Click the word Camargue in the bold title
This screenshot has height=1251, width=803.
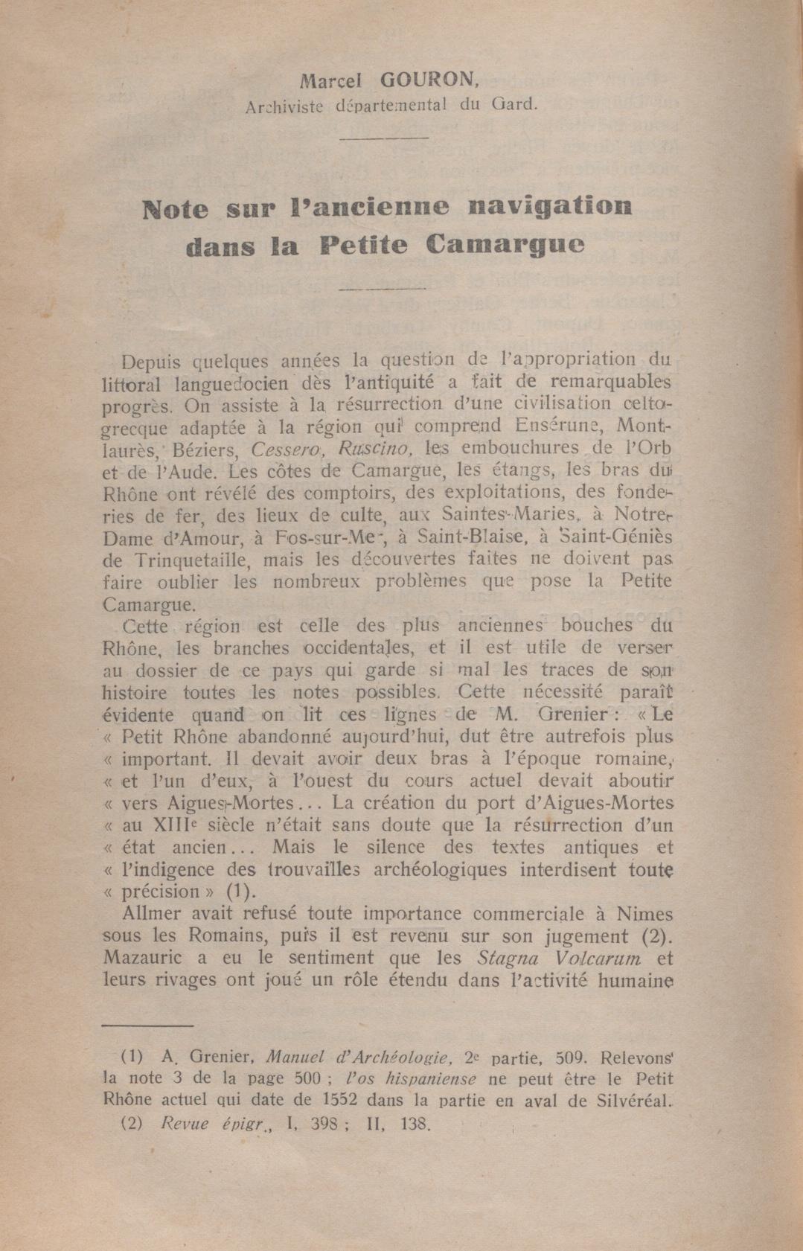coord(505,246)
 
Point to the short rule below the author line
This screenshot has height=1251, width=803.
coord(384,137)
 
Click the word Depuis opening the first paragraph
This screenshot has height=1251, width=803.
coord(150,362)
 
